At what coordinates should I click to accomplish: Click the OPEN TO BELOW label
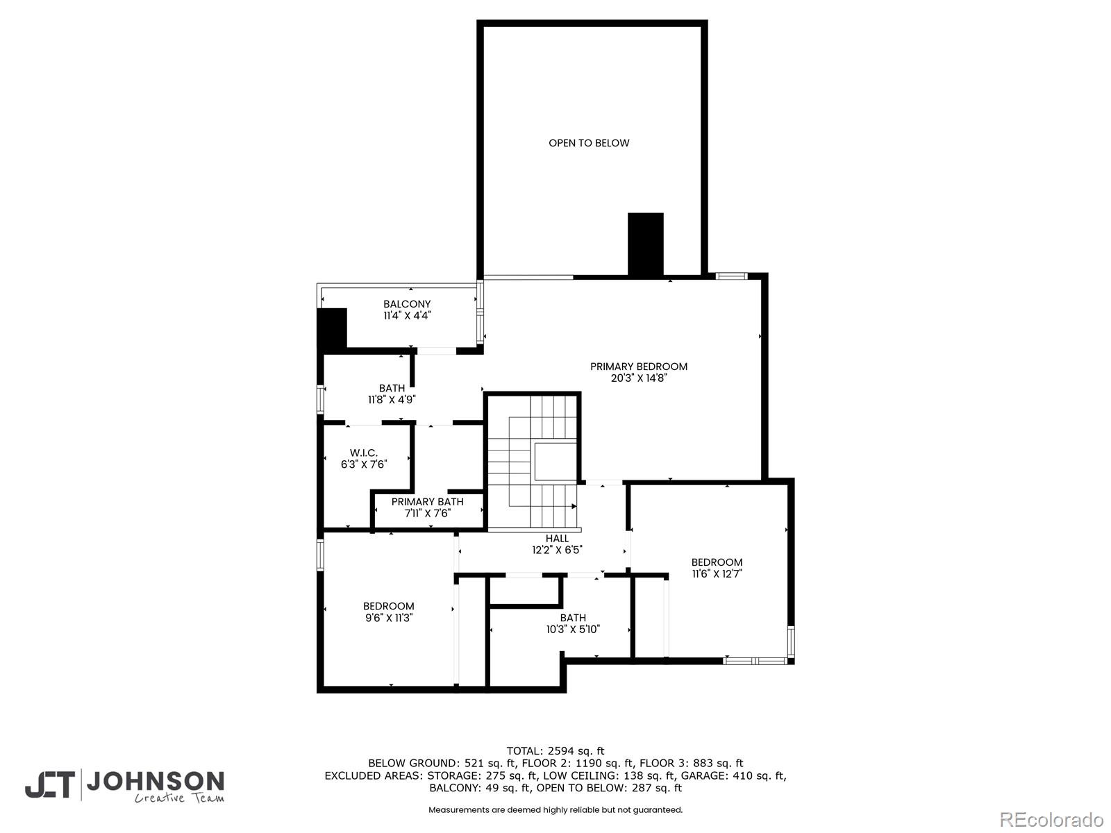pos(589,143)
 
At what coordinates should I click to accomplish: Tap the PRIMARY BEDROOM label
pos(639,367)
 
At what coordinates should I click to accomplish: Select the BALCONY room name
pos(407,304)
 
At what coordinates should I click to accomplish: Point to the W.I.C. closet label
pos(363,453)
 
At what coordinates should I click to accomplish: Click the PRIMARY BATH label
pos(427,502)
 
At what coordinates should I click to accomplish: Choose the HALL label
pos(557,539)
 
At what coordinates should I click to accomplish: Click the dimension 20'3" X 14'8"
pos(639,378)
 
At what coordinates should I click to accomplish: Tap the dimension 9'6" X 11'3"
pos(389,618)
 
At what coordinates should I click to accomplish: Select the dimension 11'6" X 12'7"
pos(717,573)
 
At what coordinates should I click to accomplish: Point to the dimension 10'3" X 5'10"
pos(573,629)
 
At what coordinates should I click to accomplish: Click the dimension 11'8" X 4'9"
pos(392,400)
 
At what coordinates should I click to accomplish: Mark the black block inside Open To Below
pos(645,244)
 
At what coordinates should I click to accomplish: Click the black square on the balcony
pos(331,329)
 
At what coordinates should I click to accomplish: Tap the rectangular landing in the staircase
pos(555,461)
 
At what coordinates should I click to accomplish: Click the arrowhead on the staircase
pos(574,506)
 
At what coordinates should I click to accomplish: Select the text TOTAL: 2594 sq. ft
pos(555,751)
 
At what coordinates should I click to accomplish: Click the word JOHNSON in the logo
pos(156,782)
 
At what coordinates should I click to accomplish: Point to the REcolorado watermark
pos(1052,819)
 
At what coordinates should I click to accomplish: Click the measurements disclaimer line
pos(555,809)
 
